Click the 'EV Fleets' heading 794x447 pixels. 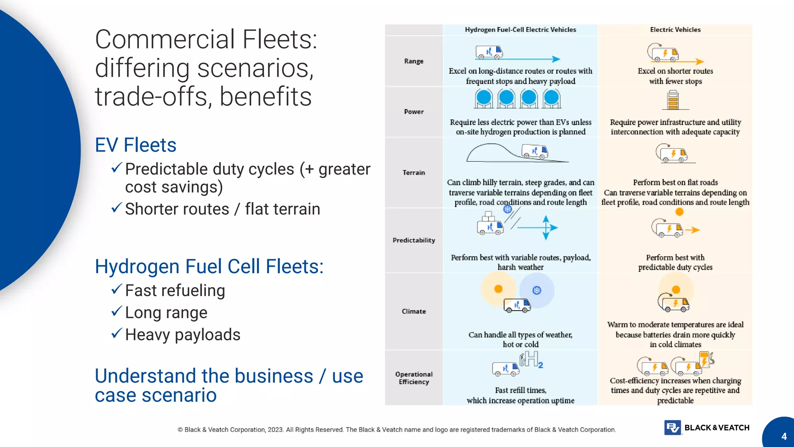[x=136, y=145]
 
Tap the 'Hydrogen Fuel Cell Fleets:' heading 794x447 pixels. [x=209, y=267]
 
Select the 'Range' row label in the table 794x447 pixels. [x=414, y=61]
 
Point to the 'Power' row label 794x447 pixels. [x=414, y=112]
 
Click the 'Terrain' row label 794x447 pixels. [x=414, y=173]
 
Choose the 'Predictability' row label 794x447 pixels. [x=414, y=241]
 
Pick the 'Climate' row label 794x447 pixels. [x=414, y=312]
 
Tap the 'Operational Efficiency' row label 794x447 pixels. [x=414, y=378]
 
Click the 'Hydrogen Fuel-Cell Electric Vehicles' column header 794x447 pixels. [x=520, y=30]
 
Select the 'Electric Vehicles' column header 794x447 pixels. [x=675, y=30]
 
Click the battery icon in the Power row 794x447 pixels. [x=673, y=100]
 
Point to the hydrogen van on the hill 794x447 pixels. [x=535, y=151]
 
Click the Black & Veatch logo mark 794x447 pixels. [x=673, y=428]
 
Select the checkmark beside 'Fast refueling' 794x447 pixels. [x=116, y=289]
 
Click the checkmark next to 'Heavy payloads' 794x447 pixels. [x=116, y=333]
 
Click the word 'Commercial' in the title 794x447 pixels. [x=165, y=40]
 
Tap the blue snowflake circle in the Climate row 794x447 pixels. [x=537, y=290]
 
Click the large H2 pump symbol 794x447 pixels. [x=530, y=359]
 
